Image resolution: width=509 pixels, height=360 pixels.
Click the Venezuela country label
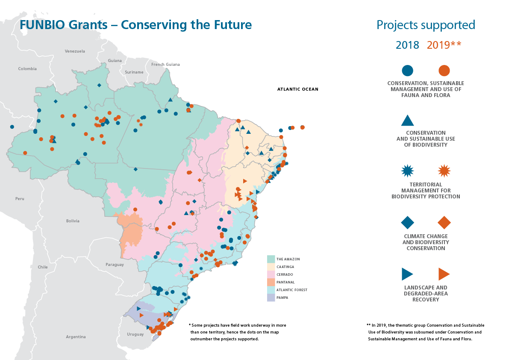(x=75, y=51)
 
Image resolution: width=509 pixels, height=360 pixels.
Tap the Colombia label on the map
(x=27, y=69)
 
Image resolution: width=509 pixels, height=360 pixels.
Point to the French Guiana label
(x=165, y=65)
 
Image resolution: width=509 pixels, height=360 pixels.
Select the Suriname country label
(x=134, y=72)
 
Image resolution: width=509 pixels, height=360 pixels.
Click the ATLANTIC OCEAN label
(x=297, y=89)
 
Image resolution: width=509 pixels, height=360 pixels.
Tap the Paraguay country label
(x=115, y=265)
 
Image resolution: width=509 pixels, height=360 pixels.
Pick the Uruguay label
(x=135, y=334)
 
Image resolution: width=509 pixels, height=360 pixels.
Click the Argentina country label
(x=76, y=337)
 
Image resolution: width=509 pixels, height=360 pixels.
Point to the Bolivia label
(x=73, y=221)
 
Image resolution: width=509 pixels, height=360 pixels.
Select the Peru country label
(x=20, y=199)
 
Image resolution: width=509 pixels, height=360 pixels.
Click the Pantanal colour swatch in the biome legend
(x=271, y=282)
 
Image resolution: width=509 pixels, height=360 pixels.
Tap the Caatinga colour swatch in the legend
(x=271, y=267)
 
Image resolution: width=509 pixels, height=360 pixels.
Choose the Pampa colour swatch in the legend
(x=271, y=298)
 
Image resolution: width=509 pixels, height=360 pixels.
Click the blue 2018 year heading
(x=407, y=45)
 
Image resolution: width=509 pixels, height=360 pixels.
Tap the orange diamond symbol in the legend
(x=444, y=222)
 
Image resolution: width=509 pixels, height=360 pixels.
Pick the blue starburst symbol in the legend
(x=408, y=171)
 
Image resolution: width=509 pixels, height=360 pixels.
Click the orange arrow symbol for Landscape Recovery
(x=444, y=274)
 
